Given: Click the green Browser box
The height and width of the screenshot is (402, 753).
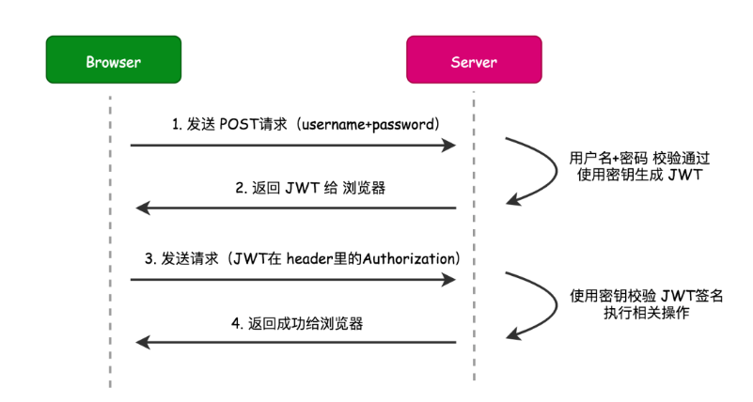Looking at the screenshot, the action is pos(114,59).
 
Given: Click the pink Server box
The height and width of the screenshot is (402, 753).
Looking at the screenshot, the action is pos(474,59).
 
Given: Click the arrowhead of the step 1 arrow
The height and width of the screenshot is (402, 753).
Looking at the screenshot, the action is pos(449,145).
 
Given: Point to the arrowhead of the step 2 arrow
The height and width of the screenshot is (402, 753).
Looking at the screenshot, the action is pos(143,208).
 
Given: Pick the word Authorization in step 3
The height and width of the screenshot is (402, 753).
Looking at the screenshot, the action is pos(409,259).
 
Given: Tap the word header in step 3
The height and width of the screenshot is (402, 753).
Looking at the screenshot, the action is pos(309,259).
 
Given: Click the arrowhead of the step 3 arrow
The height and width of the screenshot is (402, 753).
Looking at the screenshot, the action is pos(449,279).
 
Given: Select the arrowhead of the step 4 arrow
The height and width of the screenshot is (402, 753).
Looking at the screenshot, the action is pos(143,342).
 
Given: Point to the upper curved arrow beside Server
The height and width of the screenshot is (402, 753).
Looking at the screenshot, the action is pos(556,170).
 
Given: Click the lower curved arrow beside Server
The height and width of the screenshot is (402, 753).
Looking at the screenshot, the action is pos(556,304).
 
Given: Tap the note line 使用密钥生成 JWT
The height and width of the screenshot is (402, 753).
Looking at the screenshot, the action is pos(639,175).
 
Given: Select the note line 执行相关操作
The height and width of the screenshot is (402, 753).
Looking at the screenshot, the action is pos(647,313).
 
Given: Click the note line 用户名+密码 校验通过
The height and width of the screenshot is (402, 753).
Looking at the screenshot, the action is pos(639,158).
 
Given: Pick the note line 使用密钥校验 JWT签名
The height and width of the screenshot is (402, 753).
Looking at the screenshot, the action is pos(647,296).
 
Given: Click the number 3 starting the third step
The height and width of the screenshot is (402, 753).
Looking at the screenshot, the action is pos(149,259).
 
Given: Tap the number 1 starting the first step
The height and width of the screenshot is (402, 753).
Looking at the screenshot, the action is pos(176,125).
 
